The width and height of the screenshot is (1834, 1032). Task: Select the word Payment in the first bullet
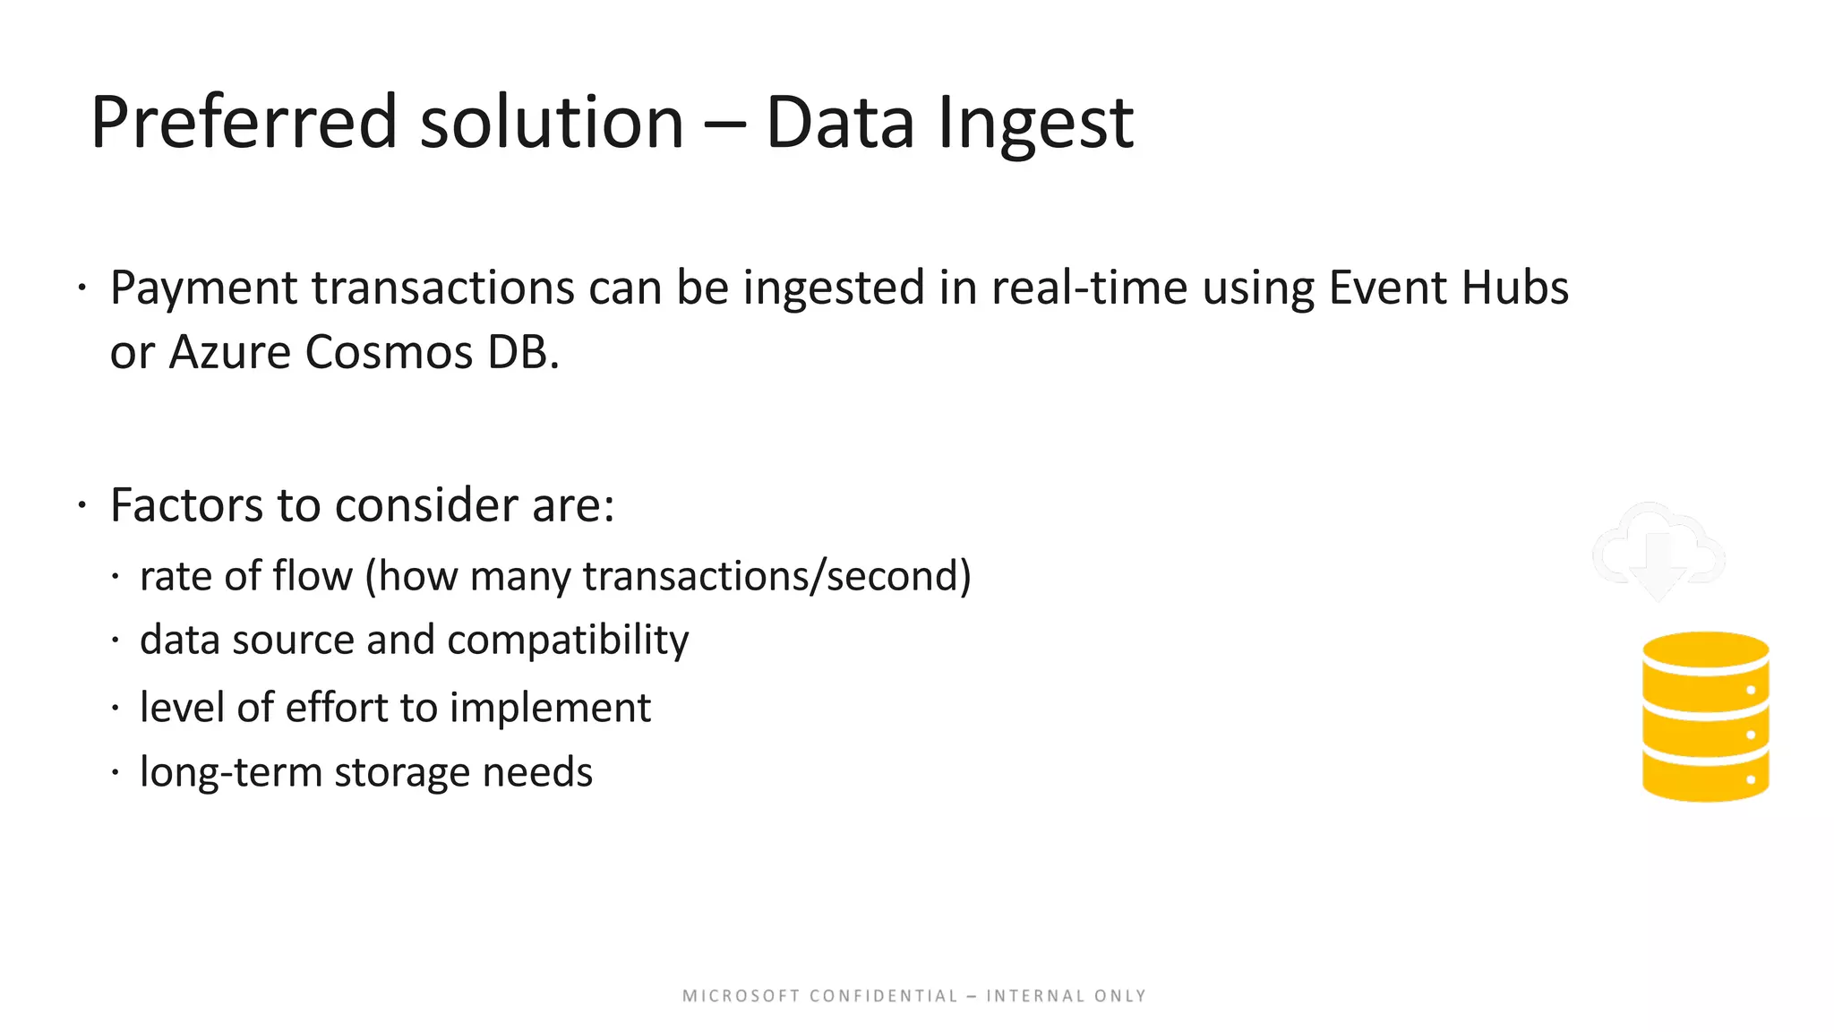click(203, 289)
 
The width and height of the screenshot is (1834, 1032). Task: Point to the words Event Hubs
click(1448, 288)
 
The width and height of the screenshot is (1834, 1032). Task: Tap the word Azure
click(230, 352)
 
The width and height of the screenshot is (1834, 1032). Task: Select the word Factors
click(187, 505)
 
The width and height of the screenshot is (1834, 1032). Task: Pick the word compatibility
click(568, 641)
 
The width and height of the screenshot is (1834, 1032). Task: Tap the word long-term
click(230, 772)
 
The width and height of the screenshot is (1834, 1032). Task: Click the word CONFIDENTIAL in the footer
click(883, 996)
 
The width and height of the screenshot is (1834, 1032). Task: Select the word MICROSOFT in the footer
click(741, 996)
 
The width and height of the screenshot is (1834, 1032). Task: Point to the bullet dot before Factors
click(81, 506)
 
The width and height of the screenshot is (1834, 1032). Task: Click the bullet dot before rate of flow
click(116, 577)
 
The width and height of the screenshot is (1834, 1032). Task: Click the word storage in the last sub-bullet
click(402, 772)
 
